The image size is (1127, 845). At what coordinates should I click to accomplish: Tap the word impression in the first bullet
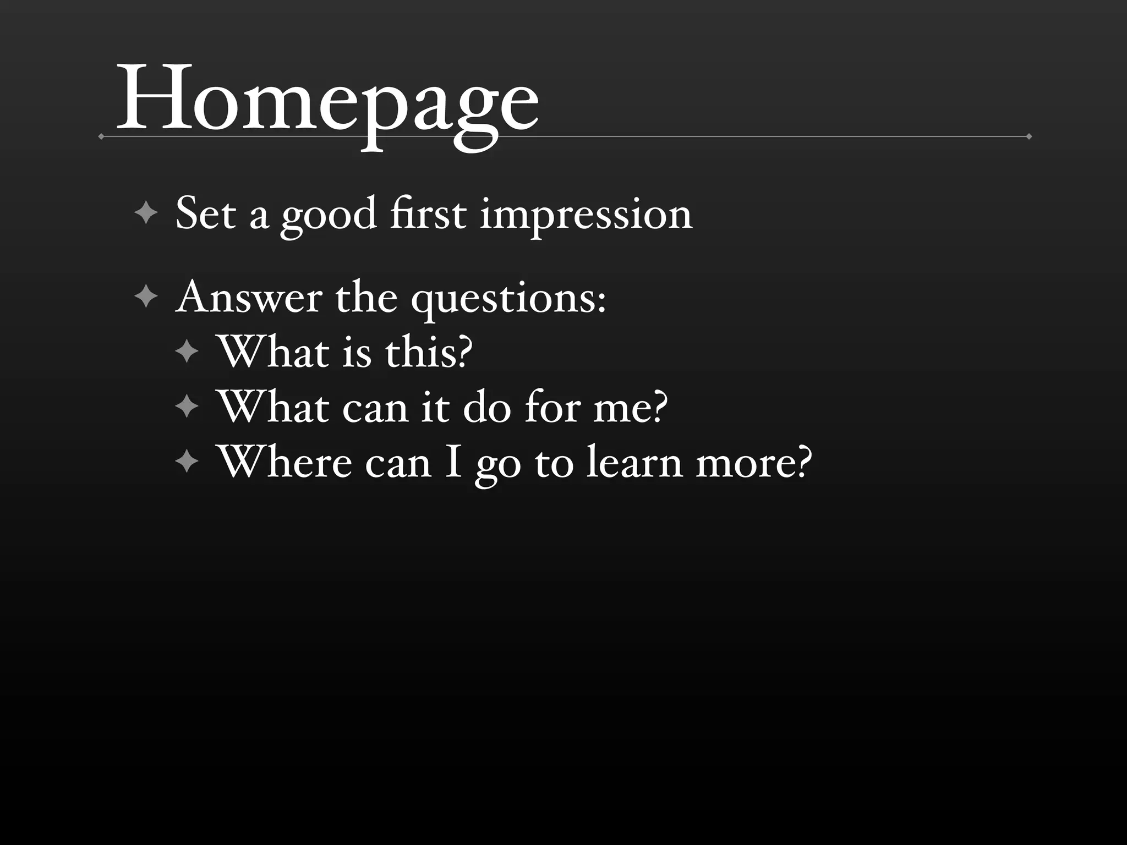tap(586, 215)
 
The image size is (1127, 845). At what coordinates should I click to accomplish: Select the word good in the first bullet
tap(329, 215)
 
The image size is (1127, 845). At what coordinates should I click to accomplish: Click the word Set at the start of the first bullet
tap(206, 213)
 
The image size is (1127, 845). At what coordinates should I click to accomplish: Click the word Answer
tap(249, 298)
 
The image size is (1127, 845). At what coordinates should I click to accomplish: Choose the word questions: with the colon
tap(508, 299)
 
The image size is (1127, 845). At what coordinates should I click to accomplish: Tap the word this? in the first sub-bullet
tap(429, 352)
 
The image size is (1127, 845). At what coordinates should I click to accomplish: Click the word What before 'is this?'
tap(274, 352)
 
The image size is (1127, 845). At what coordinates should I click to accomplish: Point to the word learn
tap(634, 462)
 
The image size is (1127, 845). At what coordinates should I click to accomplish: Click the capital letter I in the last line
tap(453, 462)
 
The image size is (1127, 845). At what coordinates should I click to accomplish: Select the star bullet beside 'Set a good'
tap(146, 213)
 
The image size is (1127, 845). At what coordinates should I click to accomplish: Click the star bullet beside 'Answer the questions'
tap(146, 297)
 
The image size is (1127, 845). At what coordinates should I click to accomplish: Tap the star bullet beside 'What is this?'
tap(187, 352)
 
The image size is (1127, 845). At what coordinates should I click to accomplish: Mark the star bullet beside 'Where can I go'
tap(187, 462)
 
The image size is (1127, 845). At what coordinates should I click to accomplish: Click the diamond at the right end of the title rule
tap(1028, 136)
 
